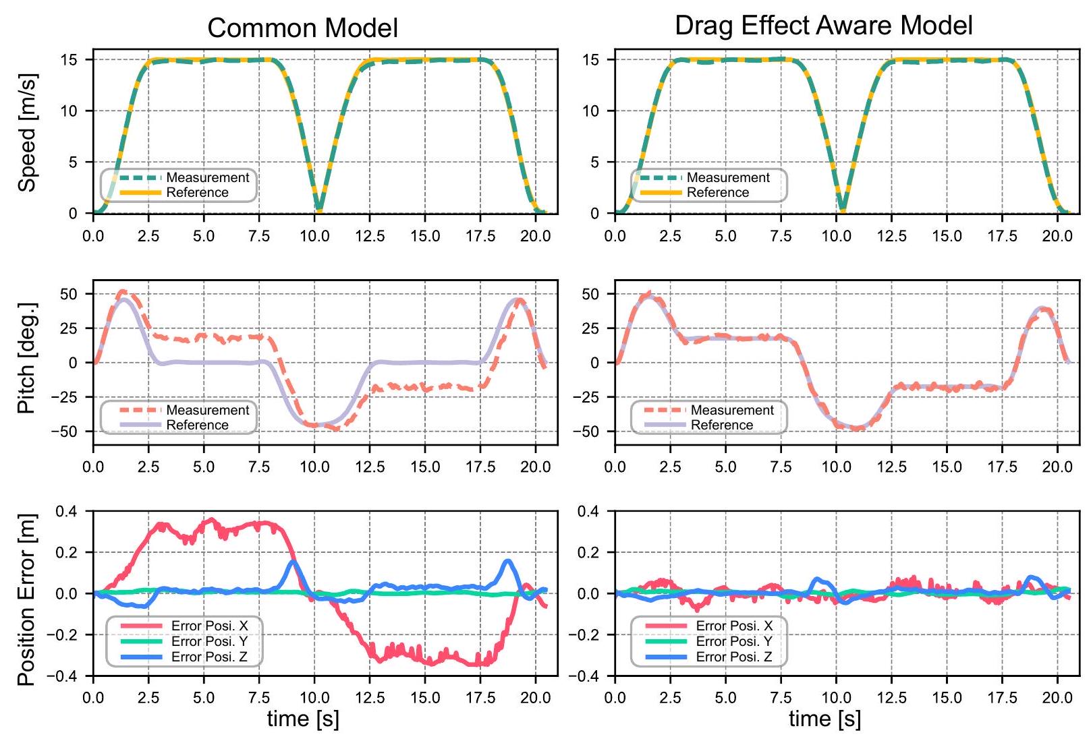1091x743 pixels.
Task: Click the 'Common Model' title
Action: point(302,28)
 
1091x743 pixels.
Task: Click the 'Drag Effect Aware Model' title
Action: point(823,26)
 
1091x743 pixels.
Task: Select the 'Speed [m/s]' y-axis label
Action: point(27,132)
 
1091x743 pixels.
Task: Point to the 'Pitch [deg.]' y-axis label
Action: point(27,357)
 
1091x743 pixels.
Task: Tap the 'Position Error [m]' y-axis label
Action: point(27,600)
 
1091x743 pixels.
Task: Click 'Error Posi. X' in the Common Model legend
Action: point(209,626)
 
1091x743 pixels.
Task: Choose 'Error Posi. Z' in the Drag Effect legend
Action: point(734,657)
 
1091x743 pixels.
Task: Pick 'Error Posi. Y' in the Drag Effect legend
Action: point(734,641)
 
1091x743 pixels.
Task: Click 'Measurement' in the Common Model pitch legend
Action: point(208,410)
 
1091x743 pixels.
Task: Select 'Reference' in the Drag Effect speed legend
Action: point(718,193)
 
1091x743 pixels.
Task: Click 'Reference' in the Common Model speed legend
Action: point(197,193)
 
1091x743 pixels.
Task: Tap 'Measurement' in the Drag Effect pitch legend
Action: point(732,410)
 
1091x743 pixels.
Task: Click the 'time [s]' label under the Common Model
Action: point(303,719)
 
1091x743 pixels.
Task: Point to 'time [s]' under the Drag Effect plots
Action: point(824,719)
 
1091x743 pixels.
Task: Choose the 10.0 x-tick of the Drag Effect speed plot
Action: point(836,236)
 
